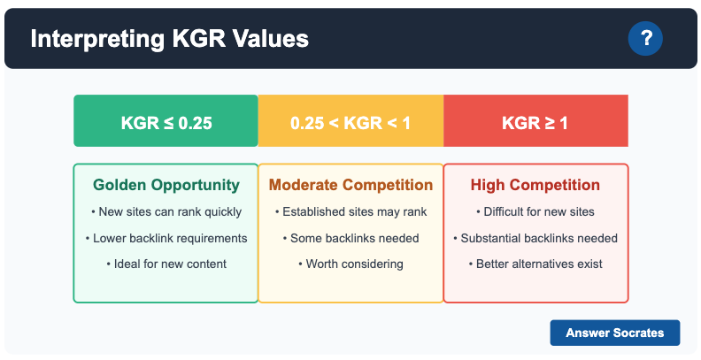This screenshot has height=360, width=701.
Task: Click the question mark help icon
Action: pyautogui.click(x=645, y=38)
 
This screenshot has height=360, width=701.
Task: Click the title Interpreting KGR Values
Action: pyautogui.click(x=169, y=39)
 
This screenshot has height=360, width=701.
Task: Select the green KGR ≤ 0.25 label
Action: pyautogui.click(x=166, y=122)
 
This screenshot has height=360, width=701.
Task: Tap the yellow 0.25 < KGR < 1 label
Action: pyautogui.click(x=350, y=122)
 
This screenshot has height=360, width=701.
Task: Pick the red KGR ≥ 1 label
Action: pyautogui.click(x=535, y=122)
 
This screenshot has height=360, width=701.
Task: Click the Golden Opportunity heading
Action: pyautogui.click(x=166, y=185)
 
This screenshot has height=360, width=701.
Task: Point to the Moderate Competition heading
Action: pyautogui.click(x=350, y=185)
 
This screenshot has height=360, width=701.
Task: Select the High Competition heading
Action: pyautogui.click(x=535, y=185)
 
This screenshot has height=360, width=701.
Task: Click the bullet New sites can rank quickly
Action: pyautogui.click(x=166, y=212)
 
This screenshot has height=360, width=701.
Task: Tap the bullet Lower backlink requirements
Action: pyautogui.click(x=166, y=238)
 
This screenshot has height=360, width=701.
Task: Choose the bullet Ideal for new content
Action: pyautogui.click(x=166, y=264)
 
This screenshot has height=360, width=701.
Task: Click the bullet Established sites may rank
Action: pyautogui.click(x=350, y=212)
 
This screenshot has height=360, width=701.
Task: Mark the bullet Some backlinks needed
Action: pyautogui.click(x=350, y=238)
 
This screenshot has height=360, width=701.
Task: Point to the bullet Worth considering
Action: pyautogui.click(x=350, y=264)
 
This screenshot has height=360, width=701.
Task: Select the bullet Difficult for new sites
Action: pyautogui.click(x=535, y=212)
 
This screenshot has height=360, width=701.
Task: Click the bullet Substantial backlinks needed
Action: pyautogui.click(x=535, y=238)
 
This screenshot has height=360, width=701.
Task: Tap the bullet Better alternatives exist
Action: pyautogui.click(x=535, y=264)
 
